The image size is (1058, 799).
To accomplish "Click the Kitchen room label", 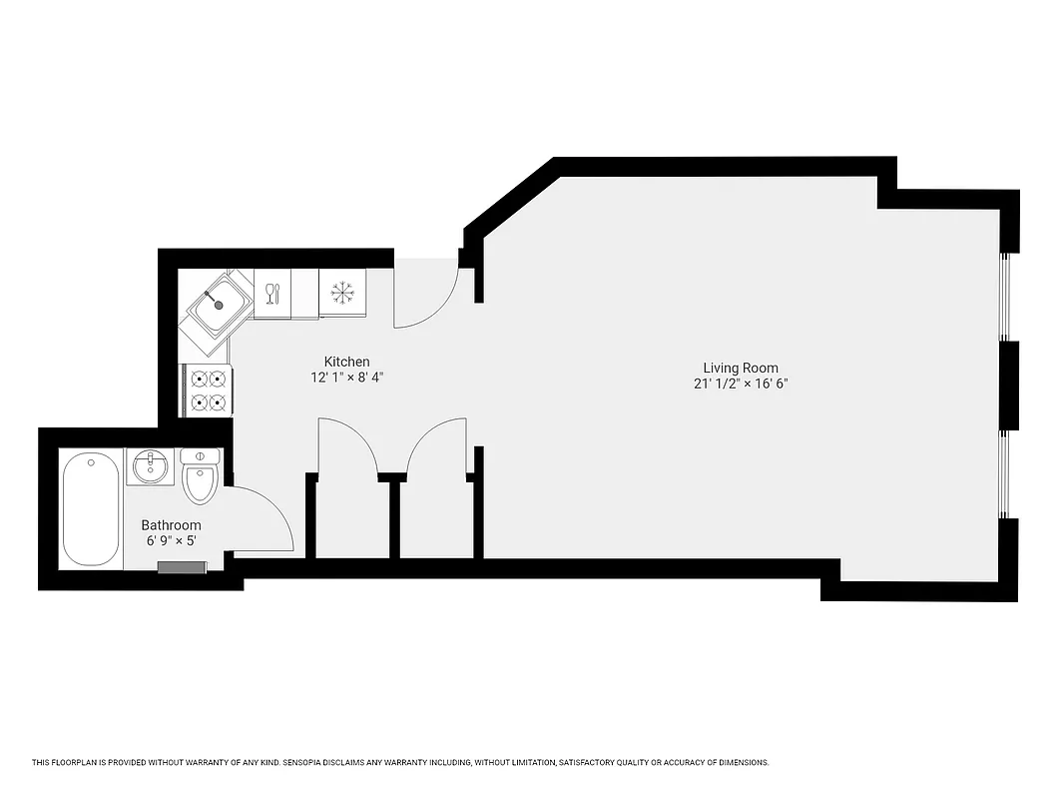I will click(346, 362).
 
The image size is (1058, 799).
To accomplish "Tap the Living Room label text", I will click(741, 368).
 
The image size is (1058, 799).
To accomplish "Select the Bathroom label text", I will click(171, 525).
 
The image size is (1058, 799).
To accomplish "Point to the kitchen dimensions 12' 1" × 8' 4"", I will click(346, 378).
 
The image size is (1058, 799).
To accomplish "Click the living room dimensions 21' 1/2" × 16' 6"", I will click(741, 384).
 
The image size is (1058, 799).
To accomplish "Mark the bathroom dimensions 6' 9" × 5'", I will click(171, 541).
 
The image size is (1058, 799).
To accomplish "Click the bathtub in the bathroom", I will click(91, 507).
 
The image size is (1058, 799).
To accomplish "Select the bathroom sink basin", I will click(151, 465).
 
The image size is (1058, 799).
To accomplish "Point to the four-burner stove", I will click(208, 390).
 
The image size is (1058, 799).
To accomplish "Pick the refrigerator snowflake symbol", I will click(342, 293).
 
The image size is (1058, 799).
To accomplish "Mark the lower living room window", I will click(1006, 474).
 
